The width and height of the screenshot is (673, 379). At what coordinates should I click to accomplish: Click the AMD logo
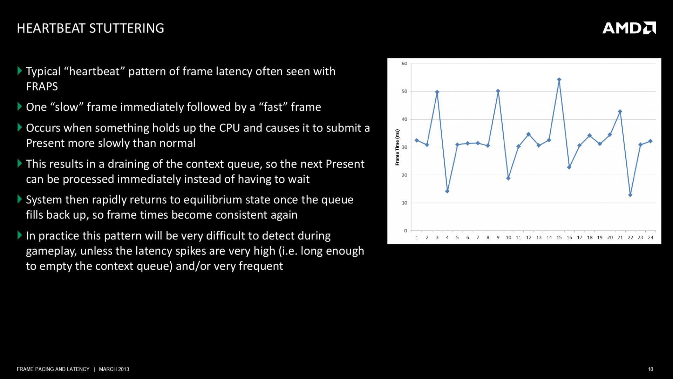pyautogui.click(x=629, y=28)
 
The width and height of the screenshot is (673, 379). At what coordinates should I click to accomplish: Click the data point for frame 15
pyautogui.click(x=559, y=80)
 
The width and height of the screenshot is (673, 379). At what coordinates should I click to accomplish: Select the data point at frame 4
pyautogui.click(x=447, y=191)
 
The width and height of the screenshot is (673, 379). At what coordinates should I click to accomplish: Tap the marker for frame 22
pyautogui.click(x=630, y=195)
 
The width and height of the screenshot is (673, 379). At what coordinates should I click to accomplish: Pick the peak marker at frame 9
pyautogui.click(x=498, y=91)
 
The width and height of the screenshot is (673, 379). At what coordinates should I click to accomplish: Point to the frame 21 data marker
pyautogui.click(x=620, y=111)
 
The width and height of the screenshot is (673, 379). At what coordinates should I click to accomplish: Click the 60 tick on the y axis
pyautogui.click(x=405, y=63)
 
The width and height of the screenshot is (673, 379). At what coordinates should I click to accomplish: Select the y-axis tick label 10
pyautogui.click(x=405, y=203)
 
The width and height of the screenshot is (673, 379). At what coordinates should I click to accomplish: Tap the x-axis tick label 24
pyautogui.click(x=651, y=237)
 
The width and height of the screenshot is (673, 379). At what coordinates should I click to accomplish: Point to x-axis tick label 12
pyautogui.click(x=529, y=237)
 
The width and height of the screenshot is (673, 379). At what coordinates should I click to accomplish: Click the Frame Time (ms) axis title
pyautogui.click(x=397, y=147)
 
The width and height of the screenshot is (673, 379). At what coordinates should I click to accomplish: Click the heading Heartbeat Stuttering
pyautogui.click(x=90, y=28)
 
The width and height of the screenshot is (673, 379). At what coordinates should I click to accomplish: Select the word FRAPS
pyautogui.click(x=42, y=87)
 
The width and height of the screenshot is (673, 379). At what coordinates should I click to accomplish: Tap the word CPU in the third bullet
pyautogui.click(x=230, y=128)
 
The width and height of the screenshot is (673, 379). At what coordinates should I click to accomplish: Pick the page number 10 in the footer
pyautogui.click(x=651, y=369)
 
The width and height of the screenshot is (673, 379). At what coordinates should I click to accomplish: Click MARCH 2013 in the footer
pyautogui.click(x=114, y=369)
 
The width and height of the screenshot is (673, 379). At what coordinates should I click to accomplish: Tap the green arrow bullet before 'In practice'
pyautogui.click(x=20, y=235)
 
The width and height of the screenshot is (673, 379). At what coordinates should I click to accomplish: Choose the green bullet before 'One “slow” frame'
pyautogui.click(x=20, y=107)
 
